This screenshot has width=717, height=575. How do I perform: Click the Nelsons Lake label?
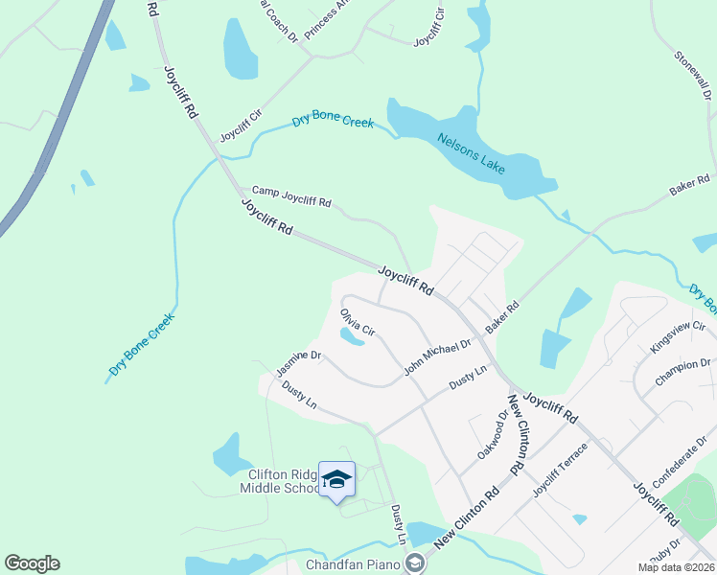pyautogui.click(x=471, y=152)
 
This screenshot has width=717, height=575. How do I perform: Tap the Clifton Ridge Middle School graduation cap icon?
pyautogui.click(x=336, y=477)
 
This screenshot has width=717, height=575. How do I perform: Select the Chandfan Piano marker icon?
pyautogui.click(x=414, y=563)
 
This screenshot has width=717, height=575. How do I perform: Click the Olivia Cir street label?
pyautogui.click(x=356, y=321)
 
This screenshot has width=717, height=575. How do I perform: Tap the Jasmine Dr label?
pyautogui.click(x=297, y=361)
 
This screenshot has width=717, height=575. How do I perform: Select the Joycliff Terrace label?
pyautogui.click(x=559, y=471)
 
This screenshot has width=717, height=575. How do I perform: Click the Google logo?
pyautogui.click(x=32, y=563)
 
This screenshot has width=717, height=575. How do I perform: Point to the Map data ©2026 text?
pyautogui.click(x=676, y=567)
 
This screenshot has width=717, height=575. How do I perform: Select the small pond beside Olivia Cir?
pyautogui.click(x=351, y=336)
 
